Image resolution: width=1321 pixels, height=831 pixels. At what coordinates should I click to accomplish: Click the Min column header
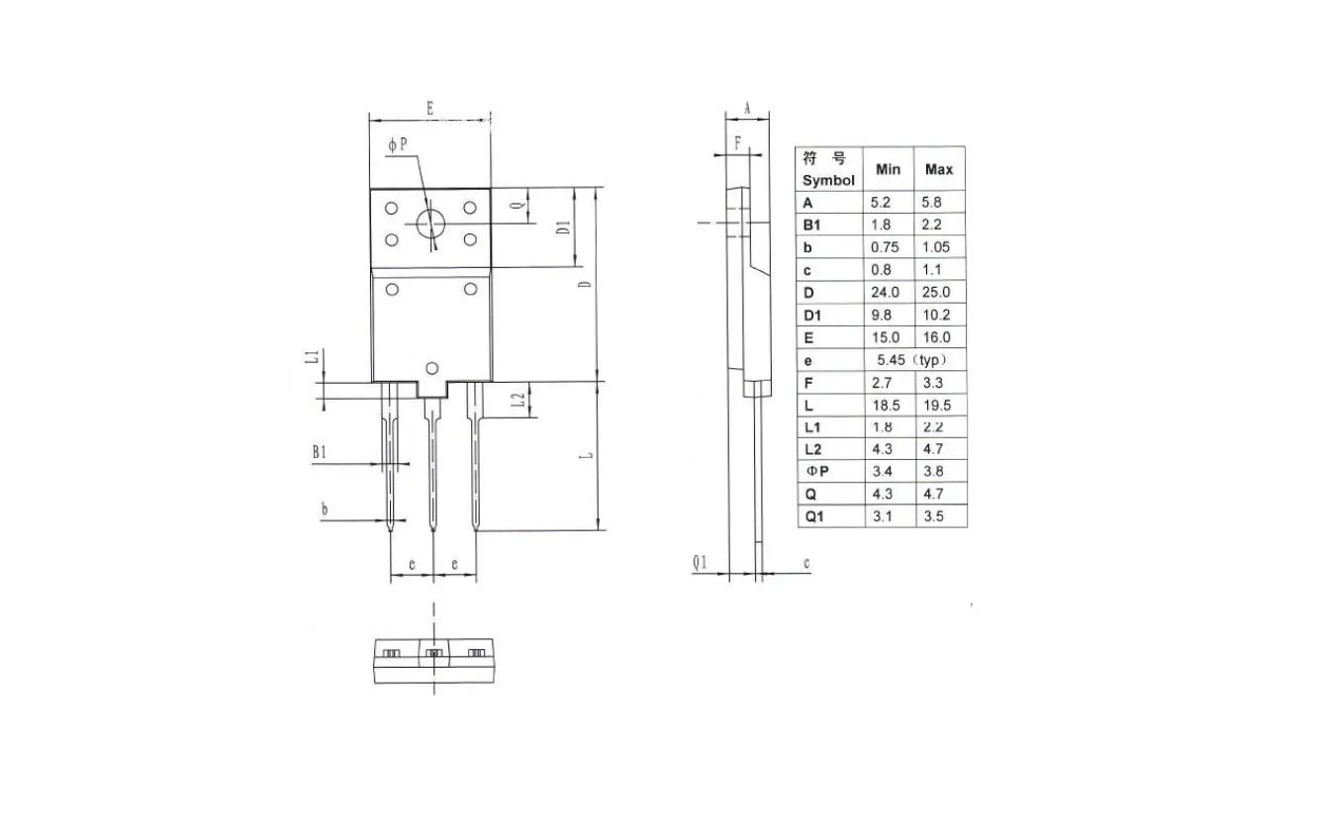tap(888, 169)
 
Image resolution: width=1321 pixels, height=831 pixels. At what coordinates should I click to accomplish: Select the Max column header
tap(939, 169)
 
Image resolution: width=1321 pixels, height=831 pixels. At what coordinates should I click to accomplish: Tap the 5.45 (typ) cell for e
tap(911, 360)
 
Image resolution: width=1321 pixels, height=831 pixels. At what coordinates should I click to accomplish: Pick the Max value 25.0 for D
tap(936, 292)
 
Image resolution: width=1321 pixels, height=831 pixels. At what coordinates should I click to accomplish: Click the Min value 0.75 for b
tap(885, 247)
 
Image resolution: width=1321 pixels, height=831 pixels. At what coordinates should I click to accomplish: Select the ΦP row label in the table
tap(817, 471)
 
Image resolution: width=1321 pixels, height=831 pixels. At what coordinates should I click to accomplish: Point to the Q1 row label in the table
tap(814, 516)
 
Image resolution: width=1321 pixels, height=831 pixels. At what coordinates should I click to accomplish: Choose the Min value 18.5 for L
tap(886, 406)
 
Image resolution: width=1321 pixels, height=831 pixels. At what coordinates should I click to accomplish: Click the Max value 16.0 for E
tap(936, 337)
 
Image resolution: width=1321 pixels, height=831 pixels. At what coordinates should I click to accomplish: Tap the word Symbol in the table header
tap(828, 180)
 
